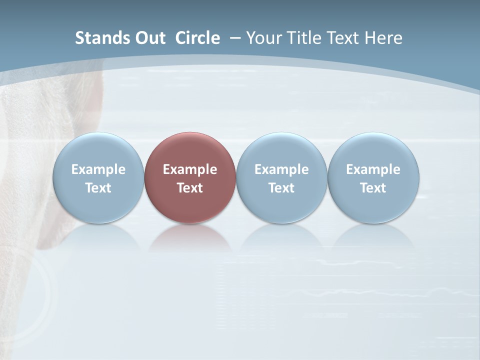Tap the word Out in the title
click(x=149, y=38)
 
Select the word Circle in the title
click(x=197, y=38)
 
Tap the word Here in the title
click(x=383, y=38)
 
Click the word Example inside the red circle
click(x=190, y=169)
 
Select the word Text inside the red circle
click(x=190, y=188)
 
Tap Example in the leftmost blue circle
click(x=98, y=169)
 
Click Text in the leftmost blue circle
click(x=98, y=188)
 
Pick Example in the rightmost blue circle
click(x=373, y=169)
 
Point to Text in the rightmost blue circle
click(x=373, y=188)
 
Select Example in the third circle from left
click(x=281, y=169)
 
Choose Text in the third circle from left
click(x=281, y=188)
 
